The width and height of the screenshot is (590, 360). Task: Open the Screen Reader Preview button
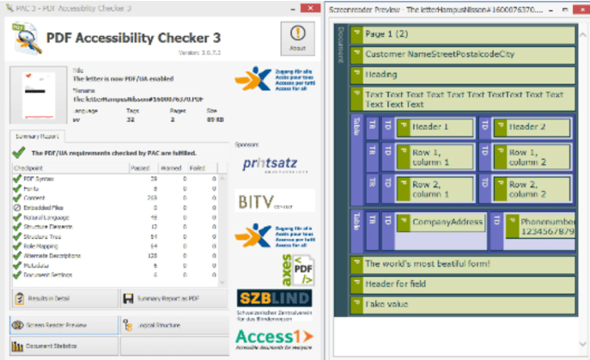click(x=62, y=325)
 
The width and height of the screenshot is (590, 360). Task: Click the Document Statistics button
click(x=62, y=345)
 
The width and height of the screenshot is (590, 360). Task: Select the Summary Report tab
click(x=36, y=136)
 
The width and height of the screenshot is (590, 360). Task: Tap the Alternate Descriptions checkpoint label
click(x=53, y=255)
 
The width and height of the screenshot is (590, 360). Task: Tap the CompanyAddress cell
click(x=447, y=223)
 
